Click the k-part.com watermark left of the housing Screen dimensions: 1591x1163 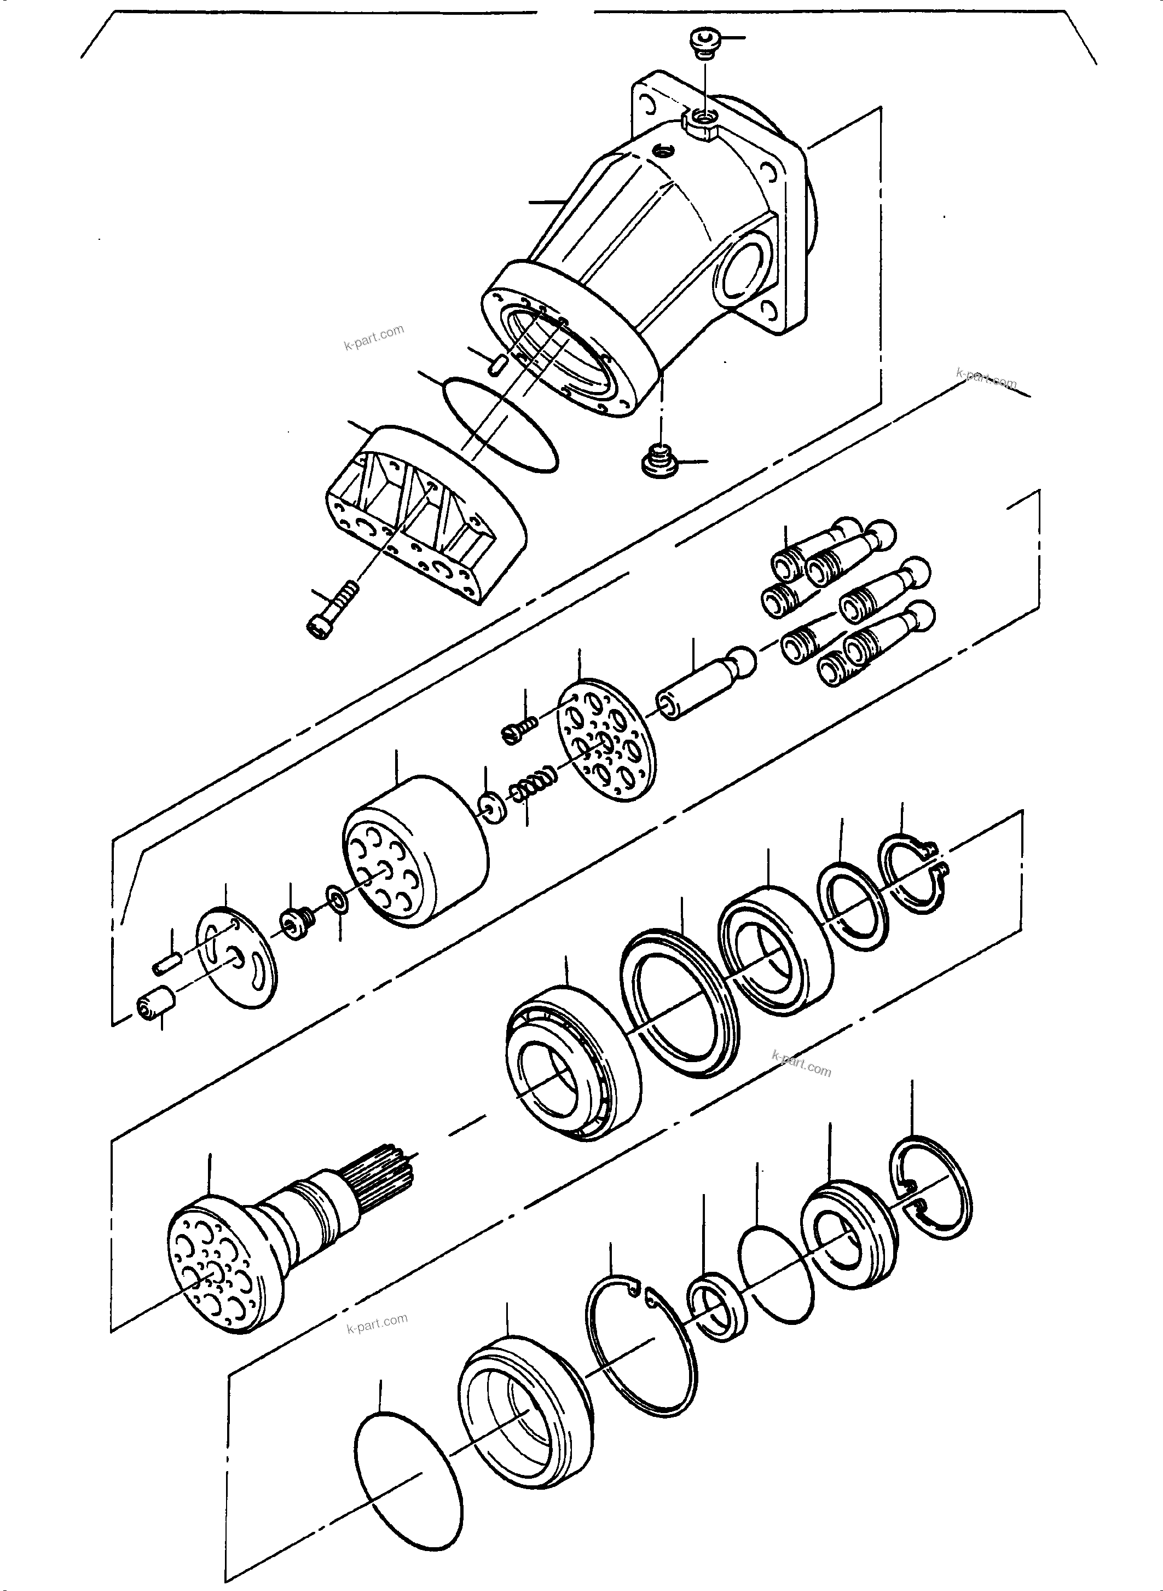tap(374, 338)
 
